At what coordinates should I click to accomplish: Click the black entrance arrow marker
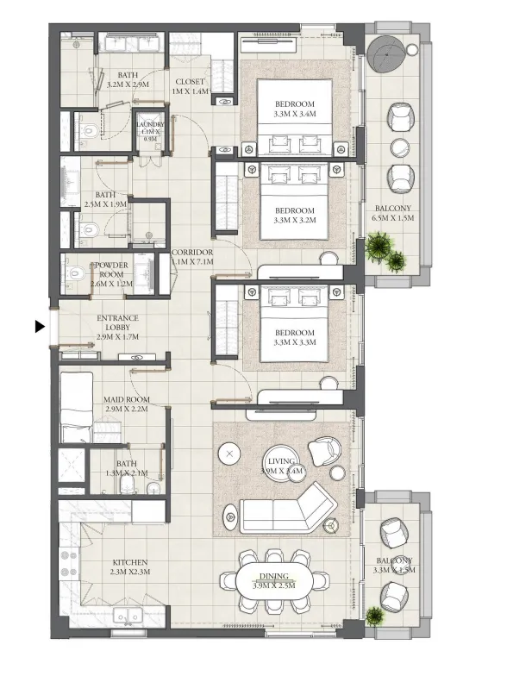pos(39,327)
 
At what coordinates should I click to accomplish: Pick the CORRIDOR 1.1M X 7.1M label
pos(192,256)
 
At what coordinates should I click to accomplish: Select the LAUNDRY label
pos(151,130)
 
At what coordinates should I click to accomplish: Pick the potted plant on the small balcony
pos(374,617)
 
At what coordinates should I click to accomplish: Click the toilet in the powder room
pos(75,273)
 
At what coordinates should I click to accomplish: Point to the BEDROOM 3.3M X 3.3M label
pos(295,337)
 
